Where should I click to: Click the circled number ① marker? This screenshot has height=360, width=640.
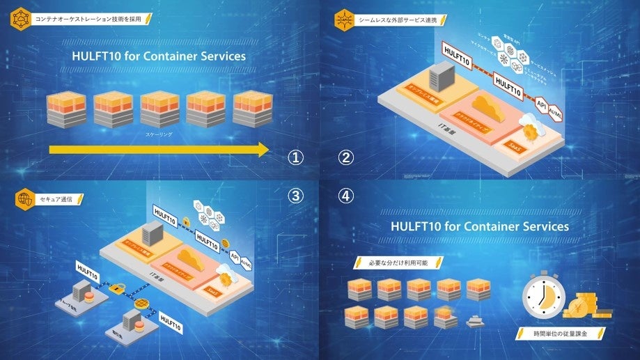tap(297, 157)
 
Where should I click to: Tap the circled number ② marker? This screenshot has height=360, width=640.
tap(346, 157)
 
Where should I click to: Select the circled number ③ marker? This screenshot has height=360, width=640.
tap(297, 196)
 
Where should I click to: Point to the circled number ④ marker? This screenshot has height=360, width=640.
tap(346, 196)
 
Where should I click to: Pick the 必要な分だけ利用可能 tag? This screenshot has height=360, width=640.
tap(400, 263)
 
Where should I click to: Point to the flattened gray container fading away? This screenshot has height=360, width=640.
tap(476, 321)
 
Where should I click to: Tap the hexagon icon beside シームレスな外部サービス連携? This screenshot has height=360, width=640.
tap(345, 19)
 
